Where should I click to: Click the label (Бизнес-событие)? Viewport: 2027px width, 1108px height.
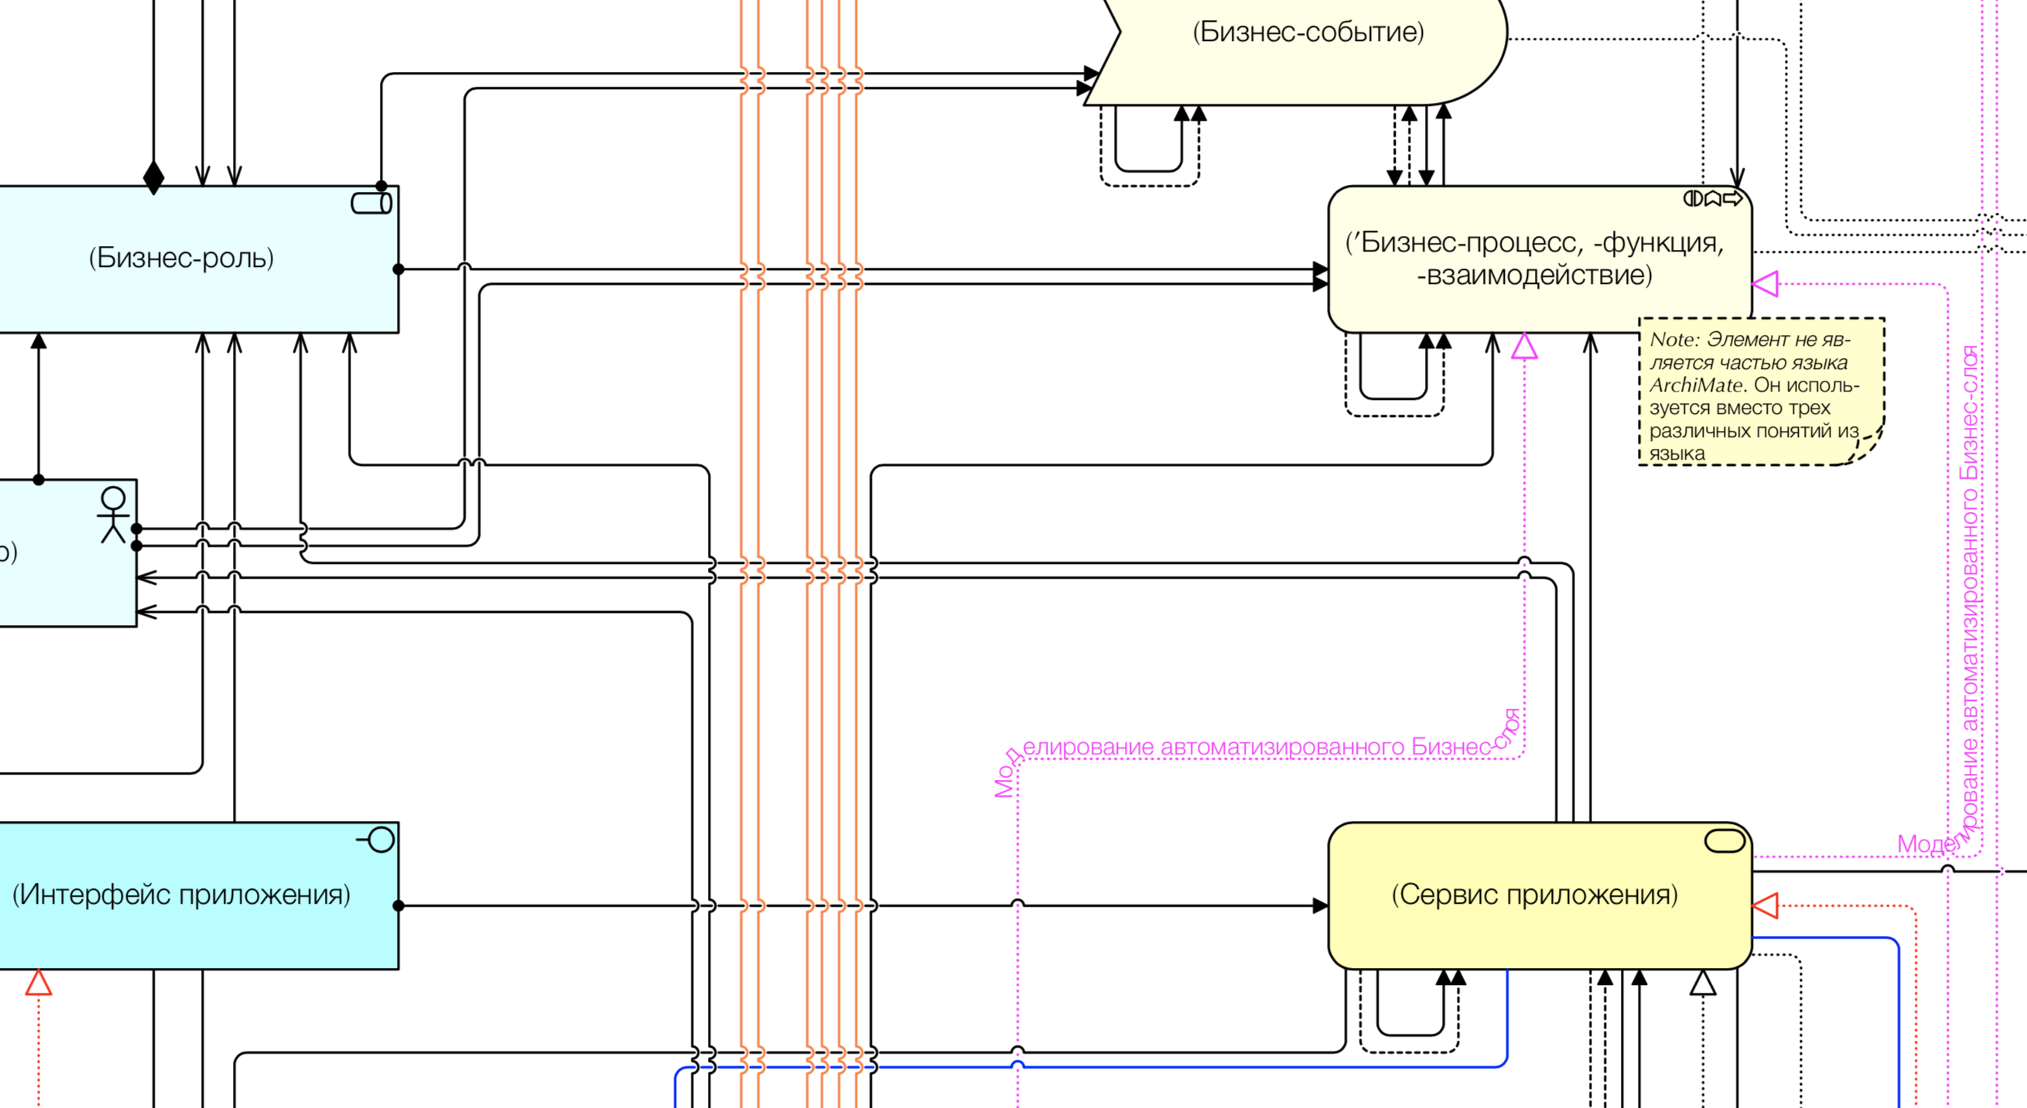[1307, 32]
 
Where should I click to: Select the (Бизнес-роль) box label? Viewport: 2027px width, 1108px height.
[181, 258]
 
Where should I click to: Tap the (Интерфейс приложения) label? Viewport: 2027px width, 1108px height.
[181, 894]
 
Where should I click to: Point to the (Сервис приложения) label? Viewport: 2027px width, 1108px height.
[1534, 894]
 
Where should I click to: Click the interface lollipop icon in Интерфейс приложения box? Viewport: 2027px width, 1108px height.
[377, 840]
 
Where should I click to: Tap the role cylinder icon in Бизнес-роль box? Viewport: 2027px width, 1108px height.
[371, 203]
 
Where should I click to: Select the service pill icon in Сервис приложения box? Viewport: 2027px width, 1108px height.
[1724, 840]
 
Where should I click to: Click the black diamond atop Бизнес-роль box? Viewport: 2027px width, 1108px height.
[153, 177]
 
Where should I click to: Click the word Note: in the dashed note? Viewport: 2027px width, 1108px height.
[1674, 339]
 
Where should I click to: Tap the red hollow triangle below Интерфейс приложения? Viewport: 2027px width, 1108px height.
[39, 983]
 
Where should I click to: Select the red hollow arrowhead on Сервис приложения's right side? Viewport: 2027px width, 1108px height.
[1766, 906]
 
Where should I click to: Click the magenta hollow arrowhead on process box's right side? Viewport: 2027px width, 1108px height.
[1766, 283]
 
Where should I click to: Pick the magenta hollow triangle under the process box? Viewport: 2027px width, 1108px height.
[1524, 347]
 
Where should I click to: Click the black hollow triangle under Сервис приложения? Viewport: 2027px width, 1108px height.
[1703, 982]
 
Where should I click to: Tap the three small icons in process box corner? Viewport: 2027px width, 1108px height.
[1712, 198]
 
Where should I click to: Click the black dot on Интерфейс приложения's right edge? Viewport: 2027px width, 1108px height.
[398, 906]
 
